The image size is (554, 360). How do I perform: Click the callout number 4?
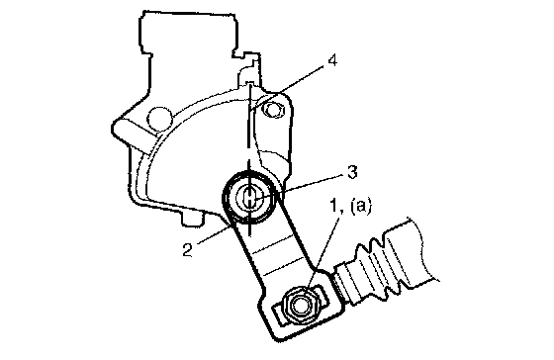332,60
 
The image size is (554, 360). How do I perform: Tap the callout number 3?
351,172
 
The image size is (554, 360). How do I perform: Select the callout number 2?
187,250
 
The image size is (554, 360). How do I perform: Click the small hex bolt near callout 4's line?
273,110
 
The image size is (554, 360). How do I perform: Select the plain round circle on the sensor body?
160,118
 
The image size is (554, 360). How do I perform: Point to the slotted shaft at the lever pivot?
249,197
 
